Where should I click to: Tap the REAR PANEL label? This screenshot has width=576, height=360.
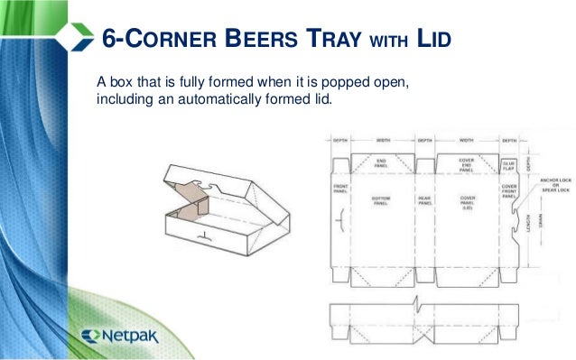(x=425, y=201)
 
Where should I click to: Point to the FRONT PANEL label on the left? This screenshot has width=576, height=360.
(x=339, y=189)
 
